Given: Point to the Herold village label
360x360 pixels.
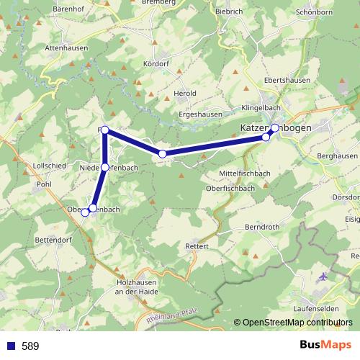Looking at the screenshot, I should [x=186, y=94].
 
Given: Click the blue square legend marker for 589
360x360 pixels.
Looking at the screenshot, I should [x=9, y=346].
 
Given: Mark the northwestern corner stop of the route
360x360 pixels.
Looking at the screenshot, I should [x=105, y=130].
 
